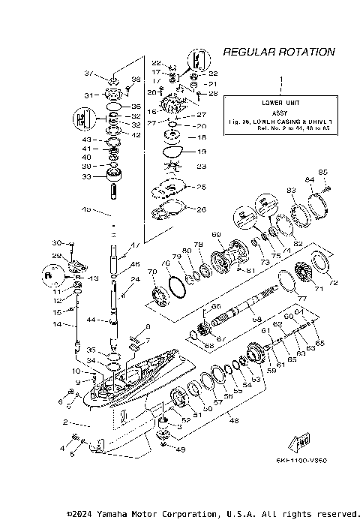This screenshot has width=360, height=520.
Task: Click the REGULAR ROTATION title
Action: coord(278,52)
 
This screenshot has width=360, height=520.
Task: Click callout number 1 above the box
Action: coord(281,79)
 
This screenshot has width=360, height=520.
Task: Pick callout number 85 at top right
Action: coord(323,172)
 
